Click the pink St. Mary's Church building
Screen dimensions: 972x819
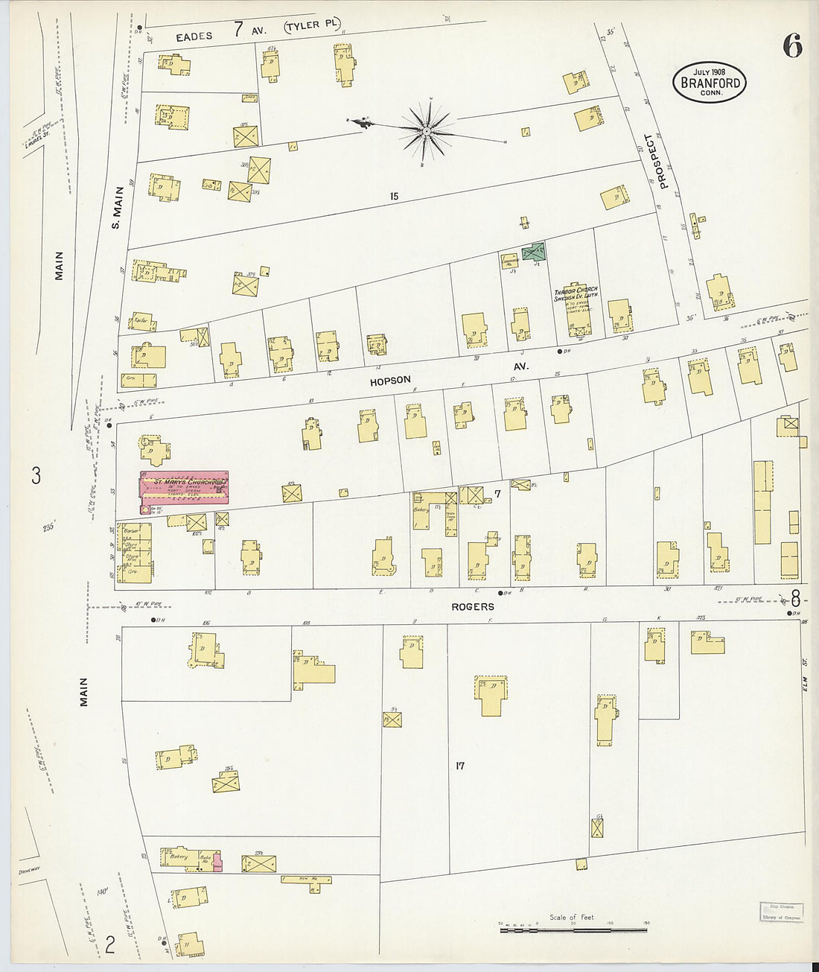pos(183,487)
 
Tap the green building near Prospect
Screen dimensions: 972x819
pos(534,252)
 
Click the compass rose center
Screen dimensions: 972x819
pos(426,131)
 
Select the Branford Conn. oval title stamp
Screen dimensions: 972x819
pos(710,83)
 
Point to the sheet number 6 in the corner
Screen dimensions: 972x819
pos(791,47)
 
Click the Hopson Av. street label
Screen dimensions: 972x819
pos(391,381)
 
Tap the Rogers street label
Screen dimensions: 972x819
pos(472,607)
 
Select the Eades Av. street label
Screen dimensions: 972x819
pos(194,36)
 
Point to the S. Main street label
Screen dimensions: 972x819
pos(117,207)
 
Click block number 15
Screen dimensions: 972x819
pos(393,197)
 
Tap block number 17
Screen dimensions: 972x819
pos(459,766)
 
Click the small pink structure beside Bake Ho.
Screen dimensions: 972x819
pos(217,864)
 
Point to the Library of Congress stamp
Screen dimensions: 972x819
pos(781,912)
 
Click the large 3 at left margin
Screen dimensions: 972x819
pos(36,475)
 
